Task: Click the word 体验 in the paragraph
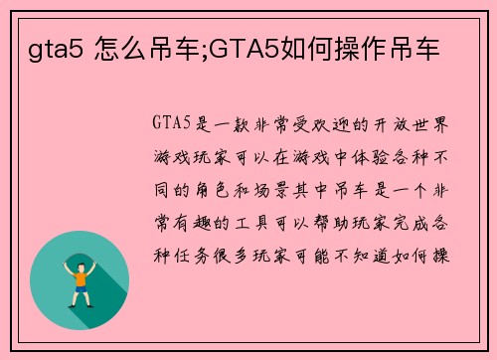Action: [350, 157]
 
